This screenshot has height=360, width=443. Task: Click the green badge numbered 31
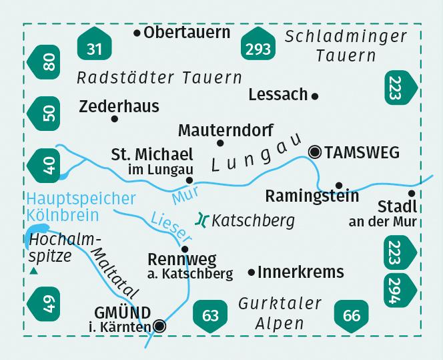point(95,47)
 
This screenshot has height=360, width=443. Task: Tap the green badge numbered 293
point(258,47)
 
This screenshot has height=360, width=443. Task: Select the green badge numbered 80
point(48,63)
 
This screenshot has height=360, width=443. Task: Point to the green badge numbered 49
point(48,308)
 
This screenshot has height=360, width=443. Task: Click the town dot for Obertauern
point(137,31)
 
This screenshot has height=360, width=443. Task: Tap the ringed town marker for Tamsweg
point(315,152)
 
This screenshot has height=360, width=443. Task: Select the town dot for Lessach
point(315,96)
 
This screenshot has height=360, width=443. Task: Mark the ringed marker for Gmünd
point(159,326)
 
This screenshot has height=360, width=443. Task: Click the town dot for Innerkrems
point(252,272)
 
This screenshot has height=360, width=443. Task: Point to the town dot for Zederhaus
point(115,119)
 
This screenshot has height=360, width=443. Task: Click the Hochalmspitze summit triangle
point(33,271)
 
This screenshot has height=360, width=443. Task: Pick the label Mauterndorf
point(226,130)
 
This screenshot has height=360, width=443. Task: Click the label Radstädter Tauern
point(159,77)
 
